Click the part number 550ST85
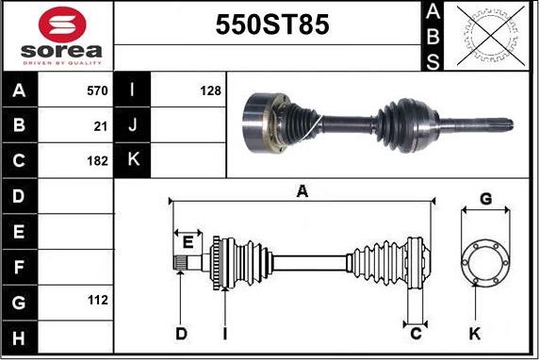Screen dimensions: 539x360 coord(272,25)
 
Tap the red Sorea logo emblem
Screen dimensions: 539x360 coord(62,25)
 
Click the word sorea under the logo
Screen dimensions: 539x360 coord(61,51)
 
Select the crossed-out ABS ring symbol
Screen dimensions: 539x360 coord(491,36)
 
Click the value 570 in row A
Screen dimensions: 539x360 coord(97,90)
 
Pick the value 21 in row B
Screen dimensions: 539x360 coord(101,126)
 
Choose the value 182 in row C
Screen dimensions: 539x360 coord(98,161)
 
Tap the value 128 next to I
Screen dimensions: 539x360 coord(211,90)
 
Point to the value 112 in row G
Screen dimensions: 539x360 coord(98,301)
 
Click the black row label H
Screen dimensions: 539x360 coord(19,337)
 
